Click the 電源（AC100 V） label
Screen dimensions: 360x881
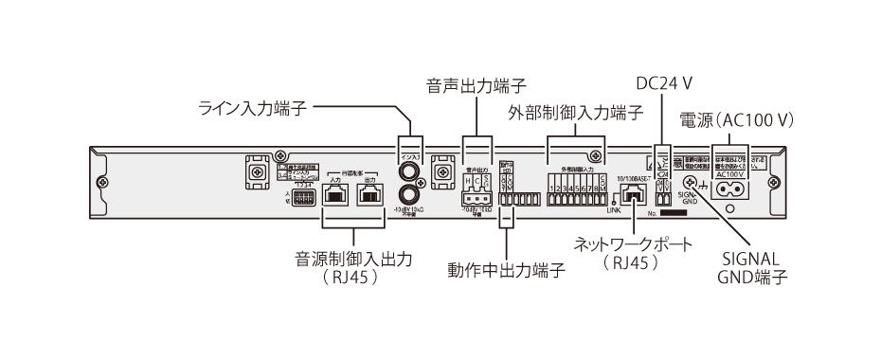click(737, 120)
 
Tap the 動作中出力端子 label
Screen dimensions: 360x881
click(506, 270)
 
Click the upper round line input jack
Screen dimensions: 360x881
click(411, 172)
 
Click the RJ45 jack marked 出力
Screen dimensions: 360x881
click(369, 194)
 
